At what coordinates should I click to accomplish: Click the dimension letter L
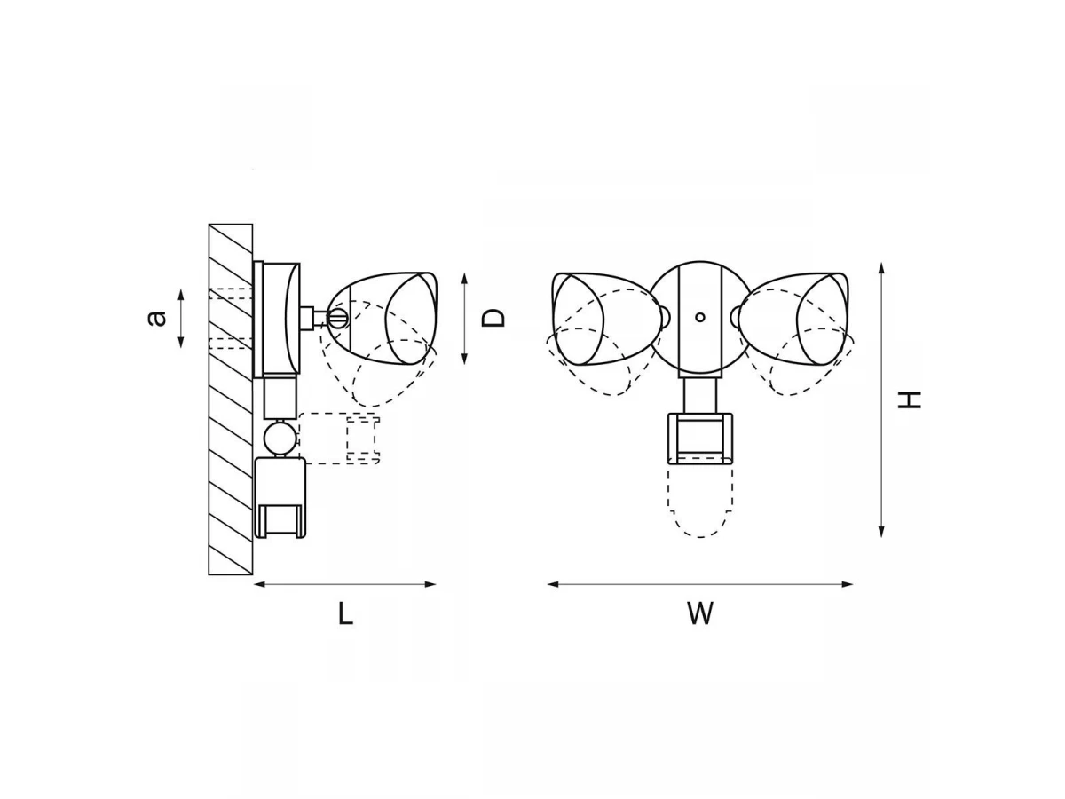point(345,613)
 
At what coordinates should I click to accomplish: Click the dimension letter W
point(700,613)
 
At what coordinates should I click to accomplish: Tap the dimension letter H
point(909,399)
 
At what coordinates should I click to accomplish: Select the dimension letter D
point(493,318)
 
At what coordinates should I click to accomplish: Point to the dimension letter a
point(156,318)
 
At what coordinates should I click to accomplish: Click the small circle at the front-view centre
point(700,317)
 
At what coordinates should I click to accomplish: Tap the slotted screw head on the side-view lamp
point(339,318)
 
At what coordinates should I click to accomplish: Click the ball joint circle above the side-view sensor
point(279,437)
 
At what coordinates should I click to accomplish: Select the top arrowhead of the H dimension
point(881,269)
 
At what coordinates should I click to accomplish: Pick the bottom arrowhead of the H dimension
point(881,531)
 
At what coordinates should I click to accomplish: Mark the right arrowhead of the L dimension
point(430,584)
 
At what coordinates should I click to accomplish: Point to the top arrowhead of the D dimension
point(464,280)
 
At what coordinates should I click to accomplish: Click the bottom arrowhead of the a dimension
point(181,342)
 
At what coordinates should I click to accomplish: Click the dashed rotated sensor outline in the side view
point(339,439)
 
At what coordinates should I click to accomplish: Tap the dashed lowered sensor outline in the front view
point(700,501)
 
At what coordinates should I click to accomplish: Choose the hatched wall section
point(231,399)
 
